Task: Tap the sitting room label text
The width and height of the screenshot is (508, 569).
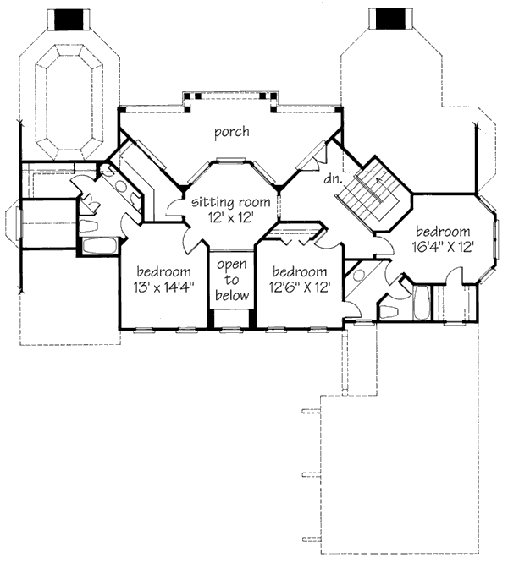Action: pyautogui.click(x=230, y=203)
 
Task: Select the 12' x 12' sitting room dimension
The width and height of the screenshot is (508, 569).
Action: pyautogui.click(x=230, y=218)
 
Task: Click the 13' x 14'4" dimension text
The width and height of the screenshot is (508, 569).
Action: pyautogui.click(x=165, y=286)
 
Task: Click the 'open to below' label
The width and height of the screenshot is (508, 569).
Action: pyautogui.click(x=231, y=281)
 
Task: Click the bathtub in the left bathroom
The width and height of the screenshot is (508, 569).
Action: pyautogui.click(x=100, y=247)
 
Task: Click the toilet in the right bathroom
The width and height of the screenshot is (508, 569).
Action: pyautogui.click(x=389, y=311)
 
